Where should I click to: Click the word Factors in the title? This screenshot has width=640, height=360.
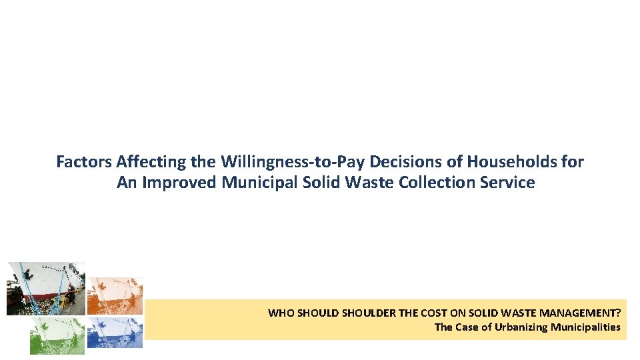pos(84,161)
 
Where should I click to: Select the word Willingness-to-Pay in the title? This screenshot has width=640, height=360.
pos(292,161)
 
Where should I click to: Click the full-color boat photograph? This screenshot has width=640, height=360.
pos(45,288)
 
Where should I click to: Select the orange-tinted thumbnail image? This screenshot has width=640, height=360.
pos(115,296)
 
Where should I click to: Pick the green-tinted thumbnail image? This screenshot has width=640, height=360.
pos(57,335)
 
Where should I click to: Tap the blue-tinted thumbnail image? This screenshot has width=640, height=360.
pos(115,332)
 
